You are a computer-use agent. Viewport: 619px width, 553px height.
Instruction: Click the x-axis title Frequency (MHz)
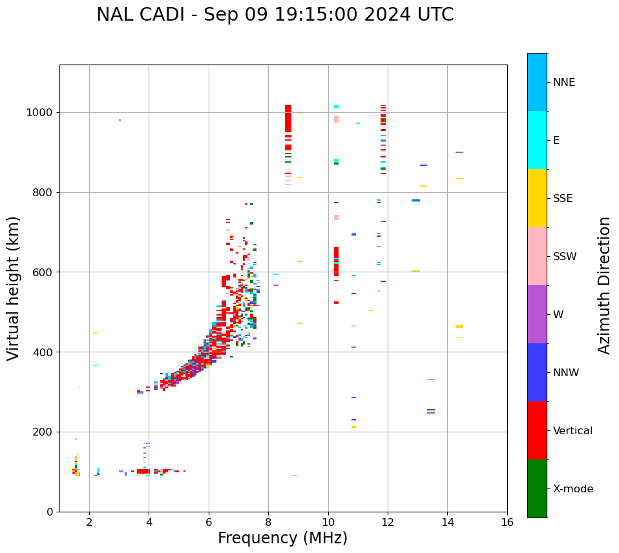(282, 538)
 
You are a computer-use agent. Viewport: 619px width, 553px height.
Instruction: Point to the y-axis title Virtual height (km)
(14, 288)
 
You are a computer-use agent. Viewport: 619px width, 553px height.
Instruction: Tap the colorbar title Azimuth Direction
(604, 285)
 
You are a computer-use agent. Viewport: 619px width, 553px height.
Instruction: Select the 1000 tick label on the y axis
(40, 112)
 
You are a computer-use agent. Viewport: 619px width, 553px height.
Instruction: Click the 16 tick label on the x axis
(507, 521)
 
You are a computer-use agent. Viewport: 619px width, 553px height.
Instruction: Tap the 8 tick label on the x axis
(268, 521)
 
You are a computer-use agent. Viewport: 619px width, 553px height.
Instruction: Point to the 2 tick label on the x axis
(89, 521)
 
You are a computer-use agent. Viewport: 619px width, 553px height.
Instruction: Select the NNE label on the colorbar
(563, 83)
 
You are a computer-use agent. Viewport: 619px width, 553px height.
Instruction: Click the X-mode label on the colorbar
(572, 489)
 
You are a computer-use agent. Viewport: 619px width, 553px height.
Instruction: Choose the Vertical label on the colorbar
(572, 431)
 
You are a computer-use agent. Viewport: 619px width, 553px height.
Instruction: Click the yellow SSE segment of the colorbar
(537, 198)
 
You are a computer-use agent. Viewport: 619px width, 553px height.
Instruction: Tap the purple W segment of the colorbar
(537, 314)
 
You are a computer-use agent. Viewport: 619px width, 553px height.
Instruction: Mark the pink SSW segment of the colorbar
(537, 256)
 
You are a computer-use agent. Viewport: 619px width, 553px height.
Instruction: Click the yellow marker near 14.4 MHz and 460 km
(459, 327)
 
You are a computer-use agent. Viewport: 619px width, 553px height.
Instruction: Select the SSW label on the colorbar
(565, 257)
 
